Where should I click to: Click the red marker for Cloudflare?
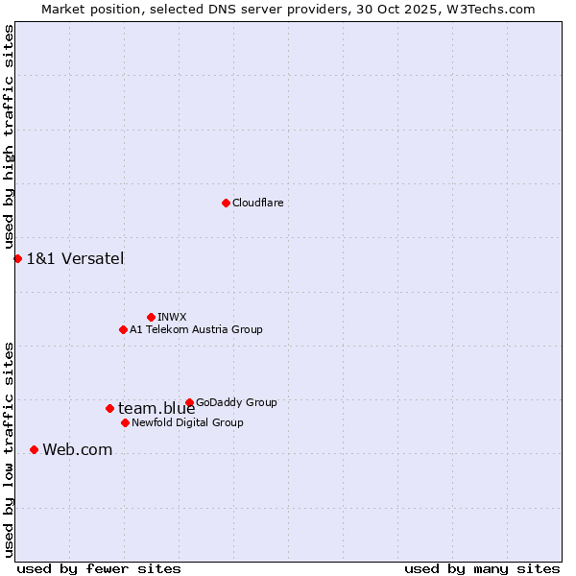coord(226,203)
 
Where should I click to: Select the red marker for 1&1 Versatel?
coord(17,258)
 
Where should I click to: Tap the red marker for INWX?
coord(151,317)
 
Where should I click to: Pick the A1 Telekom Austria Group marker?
coord(123,329)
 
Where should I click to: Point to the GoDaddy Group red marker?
coord(189,402)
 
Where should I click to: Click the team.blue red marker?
coord(109,408)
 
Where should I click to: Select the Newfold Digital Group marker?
coord(125,422)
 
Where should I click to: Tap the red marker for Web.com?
coord(34,449)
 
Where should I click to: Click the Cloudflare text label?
coord(258,203)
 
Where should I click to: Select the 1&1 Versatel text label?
coord(75,258)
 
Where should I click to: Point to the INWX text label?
coord(172,317)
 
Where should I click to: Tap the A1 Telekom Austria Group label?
coord(196,329)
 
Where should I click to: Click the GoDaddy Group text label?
coord(236,402)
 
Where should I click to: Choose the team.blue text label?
coord(156,408)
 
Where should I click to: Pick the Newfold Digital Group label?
coord(187,422)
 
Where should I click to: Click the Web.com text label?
coord(77,449)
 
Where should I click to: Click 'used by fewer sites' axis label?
coord(99,568)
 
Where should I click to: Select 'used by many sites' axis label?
coord(482,568)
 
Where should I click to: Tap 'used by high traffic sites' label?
coord(9,137)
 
